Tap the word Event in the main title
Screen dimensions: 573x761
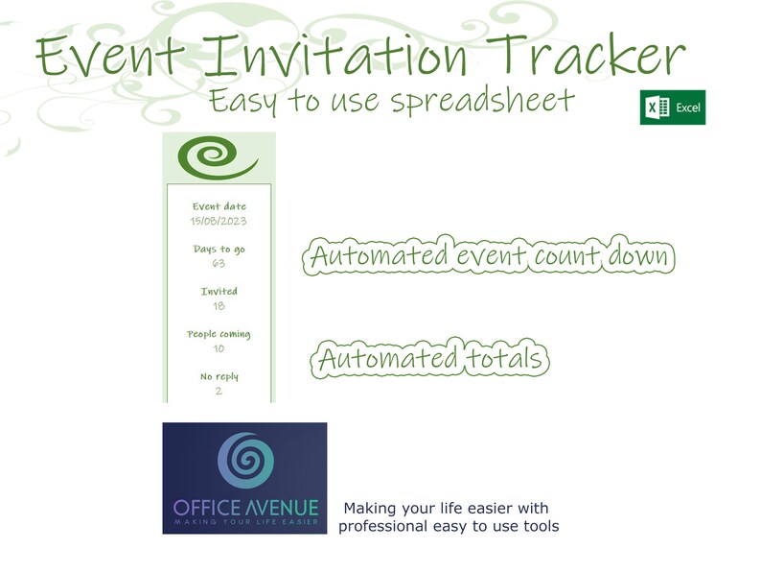pyautogui.click(x=104, y=57)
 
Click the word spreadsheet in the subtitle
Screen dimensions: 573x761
pyautogui.click(x=483, y=101)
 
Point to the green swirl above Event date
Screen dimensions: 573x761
pyautogui.click(x=218, y=158)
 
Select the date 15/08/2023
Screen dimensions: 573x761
pyautogui.click(x=219, y=221)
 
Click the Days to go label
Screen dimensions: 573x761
pyautogui.click(x=219, y=250)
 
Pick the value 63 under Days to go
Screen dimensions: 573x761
pyautogui.click(x=219, y=263)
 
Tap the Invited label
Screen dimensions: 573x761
pyautogui.click(x=219, y=292)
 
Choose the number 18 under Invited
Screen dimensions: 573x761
pyautogui.click(x=219, y=305)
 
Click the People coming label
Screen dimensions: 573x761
pyautogui.click(x=219, y=334)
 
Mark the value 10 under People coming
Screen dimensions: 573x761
pyautogui.click(x=219, y=348)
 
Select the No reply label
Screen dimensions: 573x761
pyautogui.click(x=219, y=377)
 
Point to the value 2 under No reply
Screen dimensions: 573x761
pyautogui.click(x=219, y=391)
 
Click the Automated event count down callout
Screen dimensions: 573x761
pyautogui.click(x=488, y=257)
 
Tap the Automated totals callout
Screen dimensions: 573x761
pyautogui.click(x=431, y=360)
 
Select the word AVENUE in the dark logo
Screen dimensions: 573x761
pyautogui.click(x=285, y=507)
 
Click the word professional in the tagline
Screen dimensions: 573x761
pyautogui.click(x=381, y=526)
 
